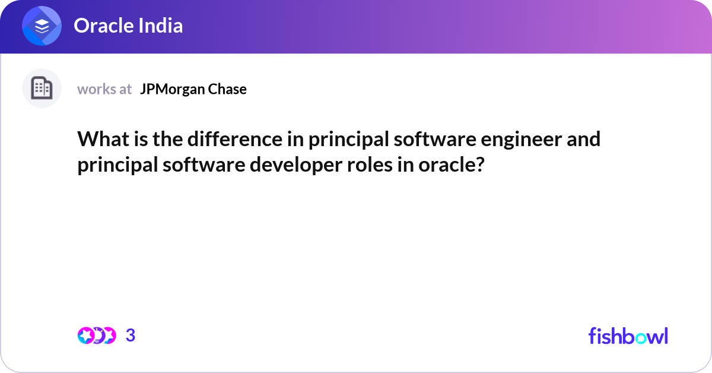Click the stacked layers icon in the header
point(42,26)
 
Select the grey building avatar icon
point(42,88)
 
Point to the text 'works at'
point(104,89)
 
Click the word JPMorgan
point(173,89)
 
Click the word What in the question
point(98,139)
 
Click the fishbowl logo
point(628,336)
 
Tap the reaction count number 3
point(131,336)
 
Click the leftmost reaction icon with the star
point(85,336)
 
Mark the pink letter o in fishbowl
point(644,337)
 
